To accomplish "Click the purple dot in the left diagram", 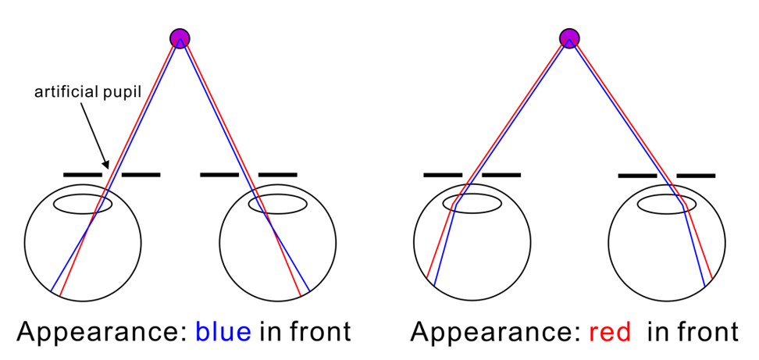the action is coord(180,38).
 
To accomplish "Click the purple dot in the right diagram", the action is coord(569,38).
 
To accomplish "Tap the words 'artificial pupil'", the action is coord(87,92).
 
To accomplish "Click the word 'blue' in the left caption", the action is coord(223,332).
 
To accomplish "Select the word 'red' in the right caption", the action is coord(609,332).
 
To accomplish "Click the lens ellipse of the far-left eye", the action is coord(83,195).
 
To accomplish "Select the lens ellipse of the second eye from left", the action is coord(278,195).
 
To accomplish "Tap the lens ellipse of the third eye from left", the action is coord(472,195).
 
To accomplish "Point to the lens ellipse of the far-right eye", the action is coord(667,195).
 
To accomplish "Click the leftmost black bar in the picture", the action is coord(83,174).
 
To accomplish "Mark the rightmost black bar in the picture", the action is coord(696,175).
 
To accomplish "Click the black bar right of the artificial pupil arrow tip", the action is coord(141,174).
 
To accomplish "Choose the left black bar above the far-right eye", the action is coord(637,175).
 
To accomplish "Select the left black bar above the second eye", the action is coord(219,174).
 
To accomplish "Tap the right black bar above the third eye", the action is coord(501,175).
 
